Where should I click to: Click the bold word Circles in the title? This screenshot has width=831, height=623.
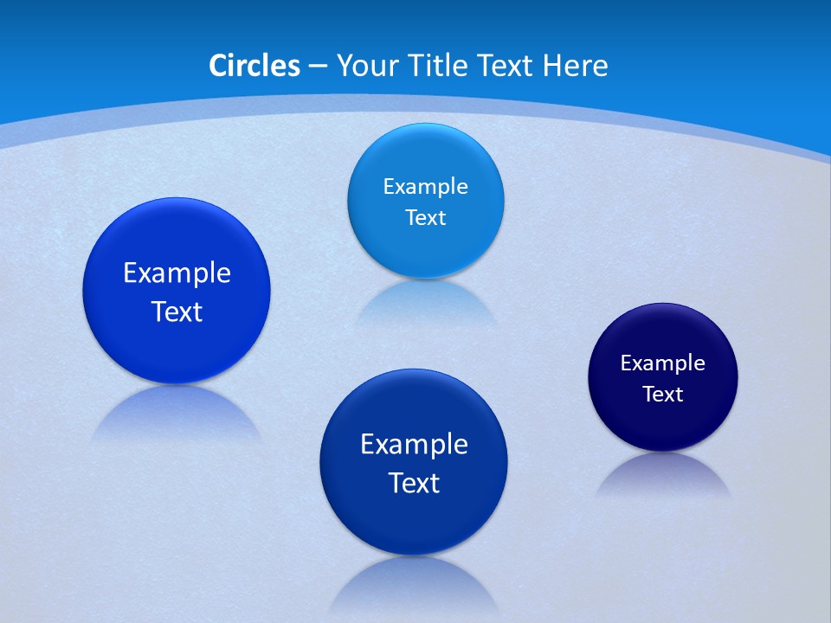coord(254,66)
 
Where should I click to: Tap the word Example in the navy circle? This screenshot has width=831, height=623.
coord(663,363)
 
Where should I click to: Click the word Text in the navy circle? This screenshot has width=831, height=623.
coord(663,395)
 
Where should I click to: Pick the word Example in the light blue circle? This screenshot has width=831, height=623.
coord(425,186)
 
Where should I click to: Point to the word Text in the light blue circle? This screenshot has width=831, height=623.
coord(425,217)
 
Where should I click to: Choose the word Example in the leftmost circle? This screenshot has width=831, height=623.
coord(177,273)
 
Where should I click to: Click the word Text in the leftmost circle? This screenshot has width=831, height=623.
coord(177,311)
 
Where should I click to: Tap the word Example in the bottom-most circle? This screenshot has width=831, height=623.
coord(414,444)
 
